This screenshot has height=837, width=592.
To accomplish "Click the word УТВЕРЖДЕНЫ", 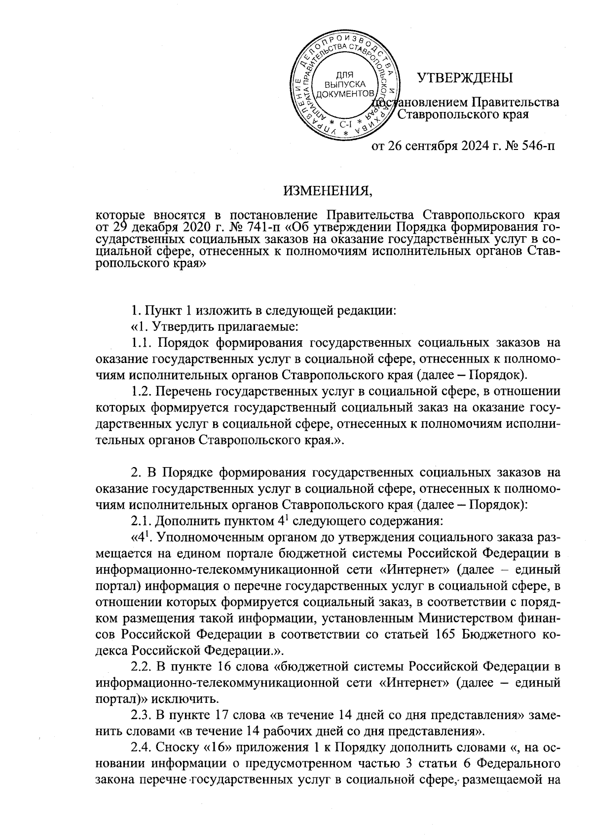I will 465,78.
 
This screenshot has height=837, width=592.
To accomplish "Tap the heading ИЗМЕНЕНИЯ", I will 328,191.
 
